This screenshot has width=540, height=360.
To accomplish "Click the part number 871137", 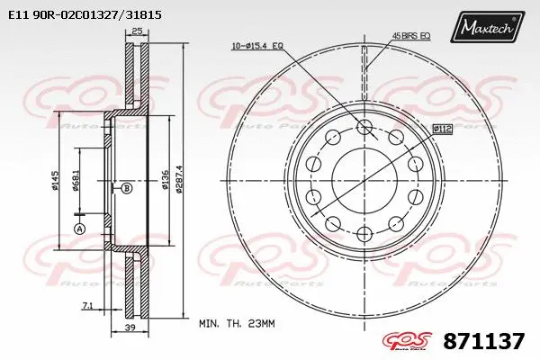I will [484, 342].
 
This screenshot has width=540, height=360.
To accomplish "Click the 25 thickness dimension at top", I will [138, 31].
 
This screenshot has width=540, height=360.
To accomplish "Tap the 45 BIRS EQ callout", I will [410, 35].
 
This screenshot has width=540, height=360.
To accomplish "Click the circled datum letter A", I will [78, 229].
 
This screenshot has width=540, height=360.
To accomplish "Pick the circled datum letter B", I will [127, 187].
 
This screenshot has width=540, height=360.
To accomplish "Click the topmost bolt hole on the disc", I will [365, 126].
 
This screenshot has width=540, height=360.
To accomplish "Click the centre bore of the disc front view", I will [365, 180].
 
